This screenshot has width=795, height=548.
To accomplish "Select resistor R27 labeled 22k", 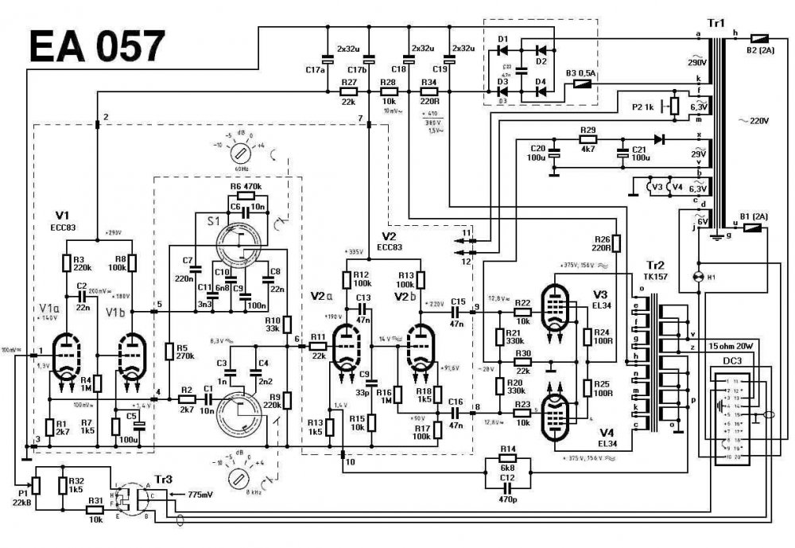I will tap(348, 91).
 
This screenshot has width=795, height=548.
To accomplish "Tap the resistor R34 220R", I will tap(429, 91).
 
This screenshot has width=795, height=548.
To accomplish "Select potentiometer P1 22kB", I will tap(35, 484).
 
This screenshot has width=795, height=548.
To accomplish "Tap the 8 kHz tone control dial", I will tap(238, 480).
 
